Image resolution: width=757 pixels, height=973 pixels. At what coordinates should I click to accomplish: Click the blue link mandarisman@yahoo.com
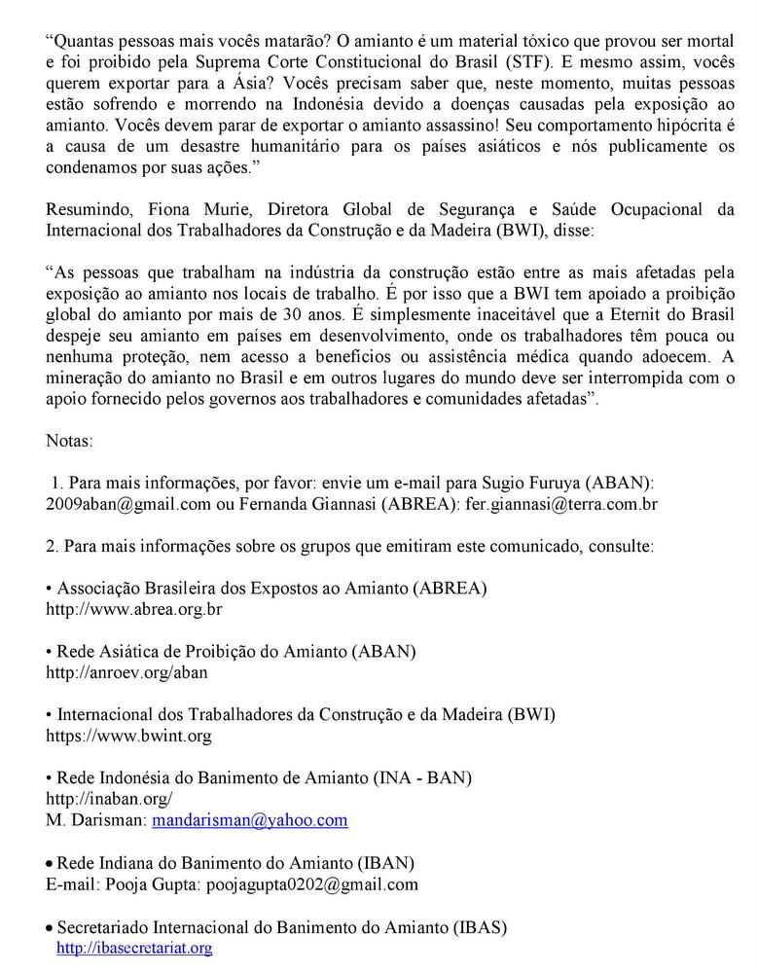[250, 820]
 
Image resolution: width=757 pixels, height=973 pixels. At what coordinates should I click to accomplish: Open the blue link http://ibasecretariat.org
[134, 948]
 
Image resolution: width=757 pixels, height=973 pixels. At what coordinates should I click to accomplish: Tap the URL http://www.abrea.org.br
[134, 610]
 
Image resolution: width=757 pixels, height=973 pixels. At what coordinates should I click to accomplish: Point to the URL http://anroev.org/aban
[126, 672]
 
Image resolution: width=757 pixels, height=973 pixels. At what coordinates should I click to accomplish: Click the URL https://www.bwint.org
[128, 736]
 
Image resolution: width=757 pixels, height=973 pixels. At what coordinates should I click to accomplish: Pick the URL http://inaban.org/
[109, 799]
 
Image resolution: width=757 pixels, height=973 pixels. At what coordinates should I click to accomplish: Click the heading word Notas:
[70, 442]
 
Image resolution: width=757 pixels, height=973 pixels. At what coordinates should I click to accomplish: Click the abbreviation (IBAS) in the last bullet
[480, 927]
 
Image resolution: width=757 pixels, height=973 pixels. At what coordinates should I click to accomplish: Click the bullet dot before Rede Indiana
[51, 864]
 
